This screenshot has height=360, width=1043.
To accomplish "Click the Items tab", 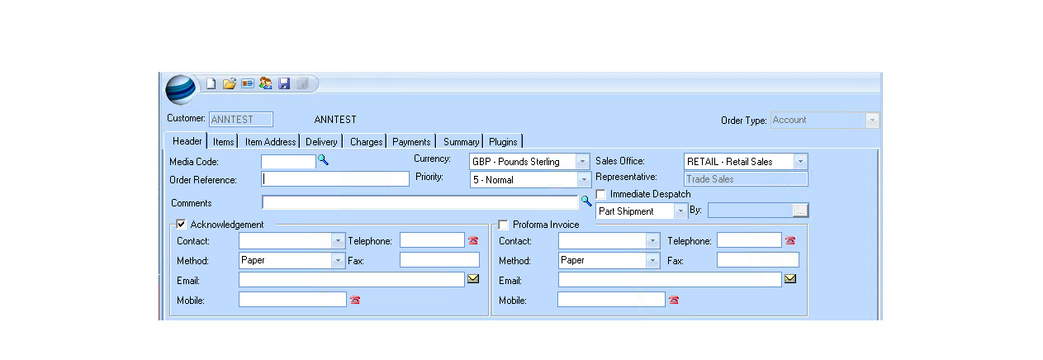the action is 223,141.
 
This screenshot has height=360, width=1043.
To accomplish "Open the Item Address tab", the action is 270,141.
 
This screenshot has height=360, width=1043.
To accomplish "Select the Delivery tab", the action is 321,141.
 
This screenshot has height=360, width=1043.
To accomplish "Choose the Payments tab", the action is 411,141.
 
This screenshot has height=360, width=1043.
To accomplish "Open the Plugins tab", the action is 503,141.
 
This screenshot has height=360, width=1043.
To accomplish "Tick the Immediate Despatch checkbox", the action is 601,194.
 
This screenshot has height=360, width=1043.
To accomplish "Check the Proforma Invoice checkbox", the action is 504,225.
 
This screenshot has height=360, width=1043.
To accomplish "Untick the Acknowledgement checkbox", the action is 181,224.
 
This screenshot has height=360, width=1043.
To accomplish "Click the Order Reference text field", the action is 335,179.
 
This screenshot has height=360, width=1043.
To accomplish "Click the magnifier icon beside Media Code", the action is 323,160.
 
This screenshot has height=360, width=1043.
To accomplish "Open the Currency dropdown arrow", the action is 582,162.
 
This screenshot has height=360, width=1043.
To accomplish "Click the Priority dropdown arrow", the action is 584,180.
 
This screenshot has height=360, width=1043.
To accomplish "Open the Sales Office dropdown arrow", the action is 800,162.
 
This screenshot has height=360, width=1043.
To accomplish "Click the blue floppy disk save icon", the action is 284,83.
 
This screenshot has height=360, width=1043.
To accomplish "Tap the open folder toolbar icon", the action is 229,83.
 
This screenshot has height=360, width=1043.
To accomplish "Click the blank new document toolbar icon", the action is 211,83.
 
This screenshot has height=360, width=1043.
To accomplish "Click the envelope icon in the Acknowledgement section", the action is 473,278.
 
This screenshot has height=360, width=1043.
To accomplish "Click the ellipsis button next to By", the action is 800,211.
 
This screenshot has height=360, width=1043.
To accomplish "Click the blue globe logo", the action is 181,89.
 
